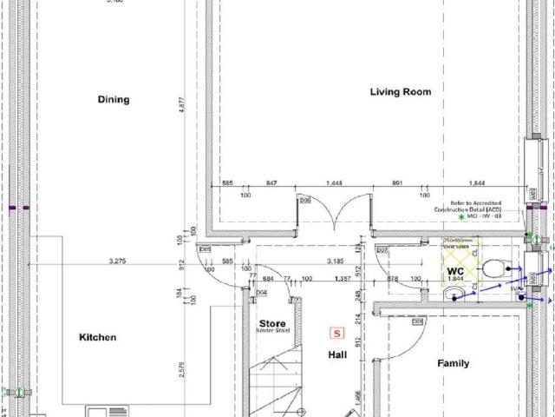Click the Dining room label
click(x=113, y=100)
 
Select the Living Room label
click(x=400, y=92)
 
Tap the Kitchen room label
click(x=98, y=337)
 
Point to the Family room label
click(x=453, y=363)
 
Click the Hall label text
click(x=337, y=354)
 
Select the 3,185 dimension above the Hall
click(x=336, y=261)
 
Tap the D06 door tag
click(x=305, y=202)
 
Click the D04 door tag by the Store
click(x=261, y=293)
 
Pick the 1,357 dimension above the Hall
click(x=341, y=279)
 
